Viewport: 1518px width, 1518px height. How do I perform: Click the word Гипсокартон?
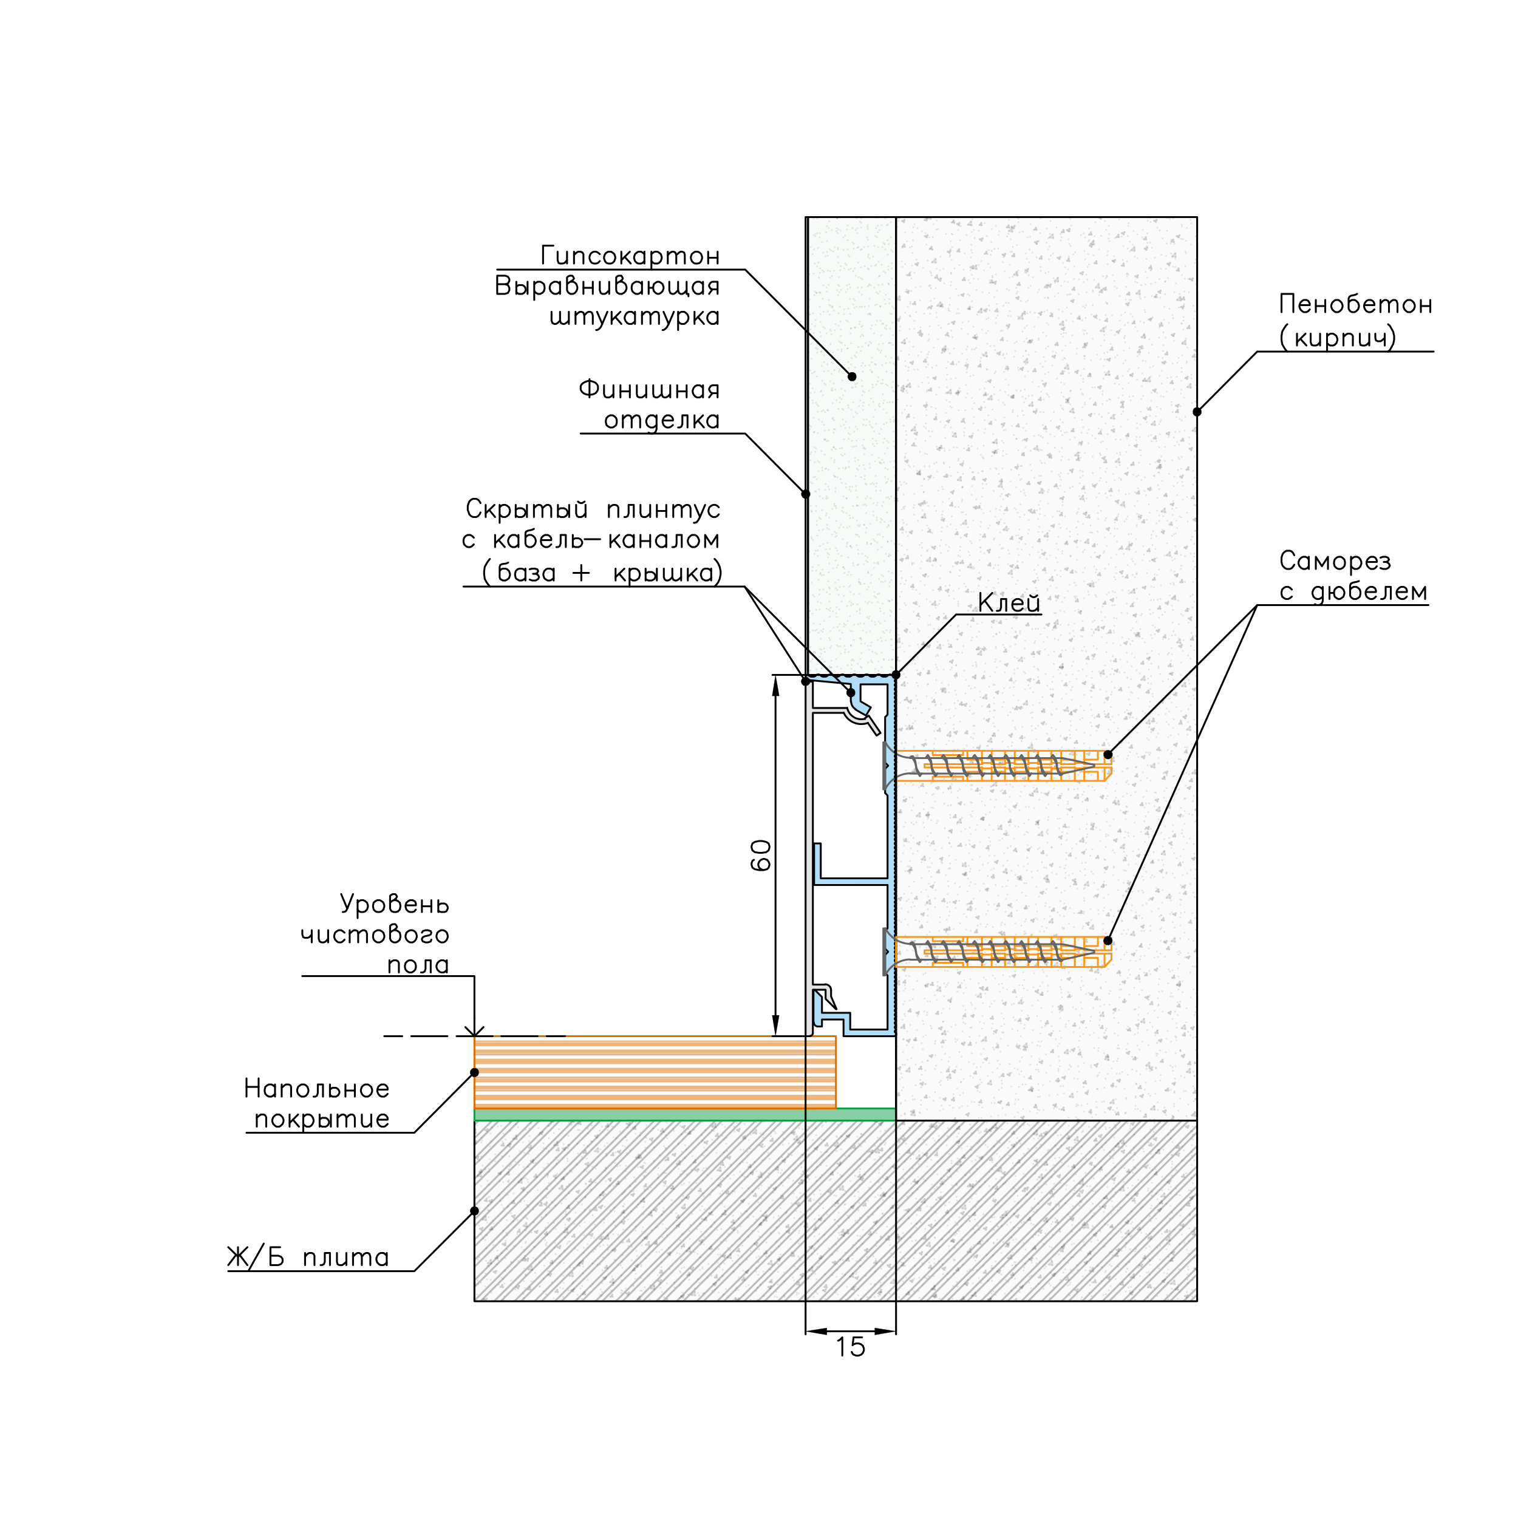pos(630,256)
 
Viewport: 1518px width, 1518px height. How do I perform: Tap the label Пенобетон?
pos(1355,304)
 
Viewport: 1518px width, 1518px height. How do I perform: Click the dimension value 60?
pos(761,855)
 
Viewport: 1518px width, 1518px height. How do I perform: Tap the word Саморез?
pos(1335,561)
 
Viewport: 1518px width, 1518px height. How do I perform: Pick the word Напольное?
pos(316,1088)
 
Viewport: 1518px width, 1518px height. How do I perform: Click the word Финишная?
pos(649,390)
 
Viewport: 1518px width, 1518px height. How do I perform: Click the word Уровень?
pos(395,904)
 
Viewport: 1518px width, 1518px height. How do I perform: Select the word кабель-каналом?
pos(606,540)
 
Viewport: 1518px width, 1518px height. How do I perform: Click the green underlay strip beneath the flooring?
pos(684,1114)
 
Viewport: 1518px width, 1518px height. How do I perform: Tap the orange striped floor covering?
pos(655,1072)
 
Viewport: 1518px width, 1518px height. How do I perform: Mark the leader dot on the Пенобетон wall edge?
pos(1197,412)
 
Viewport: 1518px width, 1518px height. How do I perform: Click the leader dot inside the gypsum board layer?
pos(852,376)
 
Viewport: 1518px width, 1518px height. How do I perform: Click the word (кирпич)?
pos(1338,338)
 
